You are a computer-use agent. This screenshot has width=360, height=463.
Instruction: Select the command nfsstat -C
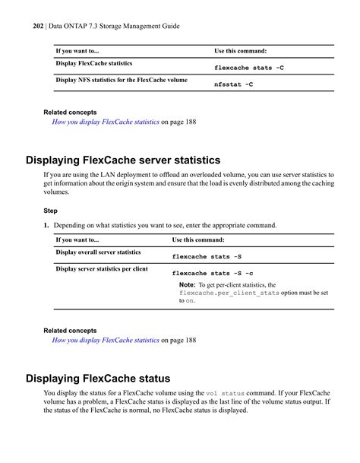click(x=234, y=84)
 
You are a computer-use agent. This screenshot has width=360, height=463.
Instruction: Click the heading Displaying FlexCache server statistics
click(x=123, y=160)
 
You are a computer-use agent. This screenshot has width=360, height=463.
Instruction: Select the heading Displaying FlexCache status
click(x=98, y=378)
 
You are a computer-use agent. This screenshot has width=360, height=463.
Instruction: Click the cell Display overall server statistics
click(x=98, y=252)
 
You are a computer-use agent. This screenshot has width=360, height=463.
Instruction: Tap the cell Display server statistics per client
click(x=102, y=268)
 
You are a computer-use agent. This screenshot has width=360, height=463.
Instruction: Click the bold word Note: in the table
click(x=187, y=285)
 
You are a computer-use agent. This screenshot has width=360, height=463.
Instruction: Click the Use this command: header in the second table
click(x=201, y=239)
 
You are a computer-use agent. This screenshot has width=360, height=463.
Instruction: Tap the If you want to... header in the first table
click(x=77, y=51)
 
